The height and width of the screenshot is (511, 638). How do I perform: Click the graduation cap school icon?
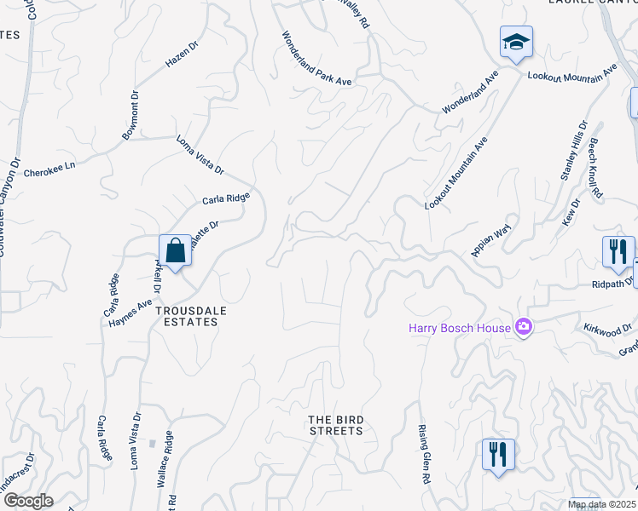coord(516,42)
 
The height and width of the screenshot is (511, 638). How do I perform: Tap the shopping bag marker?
coord(175,251)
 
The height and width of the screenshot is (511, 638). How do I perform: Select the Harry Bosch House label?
coord(459,328)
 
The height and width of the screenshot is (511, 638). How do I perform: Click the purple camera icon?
coord(524,327)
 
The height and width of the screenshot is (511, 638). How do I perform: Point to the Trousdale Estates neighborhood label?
coord(192,317)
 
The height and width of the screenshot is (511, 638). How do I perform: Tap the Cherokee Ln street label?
coord(49,169)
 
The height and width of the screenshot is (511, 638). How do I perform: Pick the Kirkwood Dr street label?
coord(607,328)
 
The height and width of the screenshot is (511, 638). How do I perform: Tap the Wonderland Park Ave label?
coord(317,59)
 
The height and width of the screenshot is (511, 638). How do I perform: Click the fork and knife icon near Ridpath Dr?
coord(618,250)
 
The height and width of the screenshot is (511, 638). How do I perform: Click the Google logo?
coord(27,501)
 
